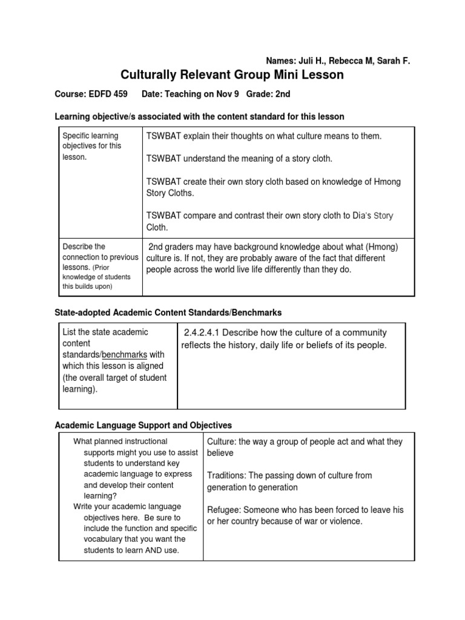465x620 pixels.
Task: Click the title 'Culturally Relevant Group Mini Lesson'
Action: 232,75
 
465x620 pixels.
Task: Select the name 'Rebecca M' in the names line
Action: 352,61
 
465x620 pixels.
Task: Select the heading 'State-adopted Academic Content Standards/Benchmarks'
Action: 168,312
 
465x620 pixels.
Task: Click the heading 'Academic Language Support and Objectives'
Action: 143,426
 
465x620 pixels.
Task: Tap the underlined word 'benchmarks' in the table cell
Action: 124,354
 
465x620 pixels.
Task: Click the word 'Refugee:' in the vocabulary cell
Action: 225,510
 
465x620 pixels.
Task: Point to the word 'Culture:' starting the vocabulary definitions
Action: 223,442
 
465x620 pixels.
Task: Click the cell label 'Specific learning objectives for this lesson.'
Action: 91,146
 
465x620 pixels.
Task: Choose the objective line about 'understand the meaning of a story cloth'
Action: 240,159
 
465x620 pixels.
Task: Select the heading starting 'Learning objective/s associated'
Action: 200,116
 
